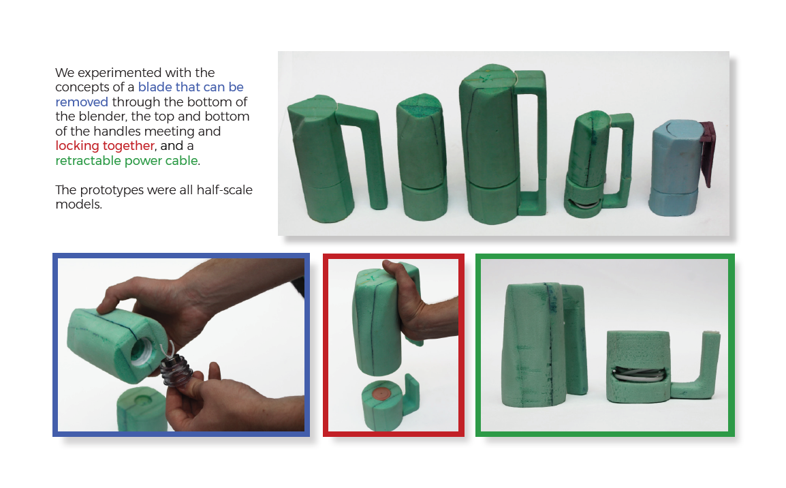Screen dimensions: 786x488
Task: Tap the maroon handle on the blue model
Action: (707, 151)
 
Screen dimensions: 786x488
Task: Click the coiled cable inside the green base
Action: (638, 375)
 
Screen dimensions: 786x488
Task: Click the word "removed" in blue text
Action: (82, 102)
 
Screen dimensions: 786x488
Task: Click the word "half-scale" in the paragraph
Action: (224, 190)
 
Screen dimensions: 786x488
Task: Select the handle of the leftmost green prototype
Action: (364, 151)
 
